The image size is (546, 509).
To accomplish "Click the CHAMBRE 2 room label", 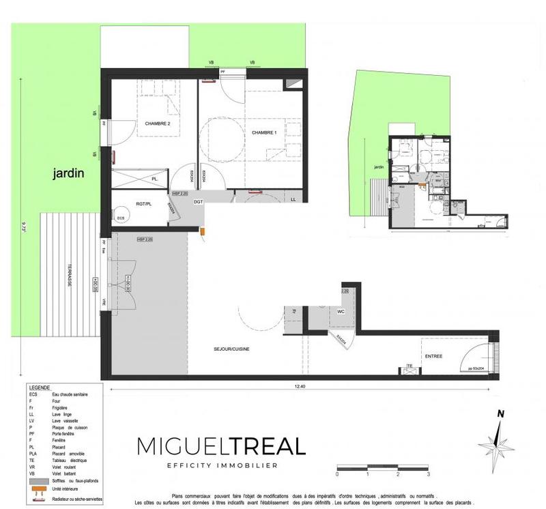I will tap(158, 123).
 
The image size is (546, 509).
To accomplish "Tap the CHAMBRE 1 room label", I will tap(264, 132).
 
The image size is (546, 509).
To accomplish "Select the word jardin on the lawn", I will tap(68, 174).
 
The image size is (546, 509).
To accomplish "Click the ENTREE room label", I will tap(434, 356).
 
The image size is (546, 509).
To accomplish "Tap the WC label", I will tap(341, 312).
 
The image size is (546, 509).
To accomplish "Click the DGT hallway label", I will tap(198, 201).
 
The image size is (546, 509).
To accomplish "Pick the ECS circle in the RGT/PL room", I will tap(121, 218).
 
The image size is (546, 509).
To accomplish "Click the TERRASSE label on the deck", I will tap(70, 276).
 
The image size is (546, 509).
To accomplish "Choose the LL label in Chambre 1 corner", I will tap(293, 199).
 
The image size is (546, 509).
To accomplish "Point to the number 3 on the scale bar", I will tap(428, 474).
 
